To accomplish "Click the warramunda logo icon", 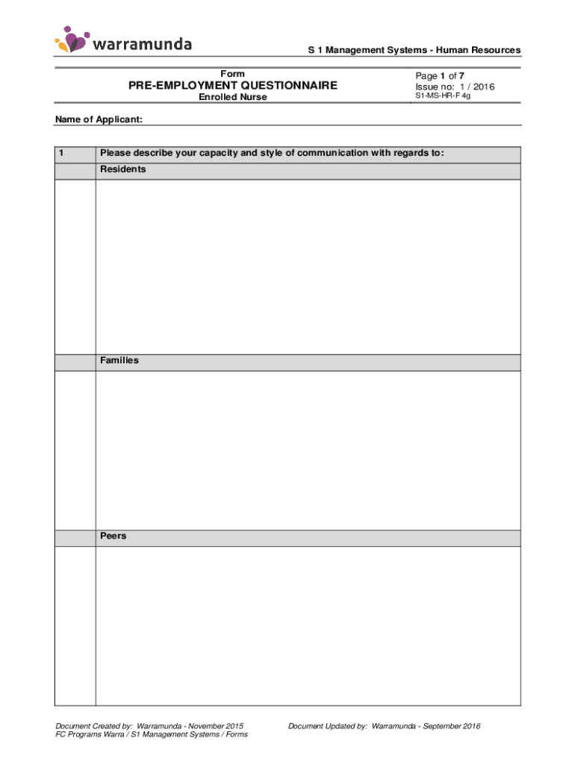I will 72,40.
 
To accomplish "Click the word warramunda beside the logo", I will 143,44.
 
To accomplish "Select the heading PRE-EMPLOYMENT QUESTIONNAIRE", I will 232,86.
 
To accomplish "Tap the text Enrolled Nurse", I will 232,98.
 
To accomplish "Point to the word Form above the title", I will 232,74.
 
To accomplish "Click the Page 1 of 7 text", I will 440,75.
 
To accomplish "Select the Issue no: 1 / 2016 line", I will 455,87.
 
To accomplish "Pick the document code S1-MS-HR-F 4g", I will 443,96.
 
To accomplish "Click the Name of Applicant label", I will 99,119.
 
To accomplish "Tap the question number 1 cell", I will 75,154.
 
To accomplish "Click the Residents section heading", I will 123,169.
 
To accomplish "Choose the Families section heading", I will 119,360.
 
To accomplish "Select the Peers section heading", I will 114,536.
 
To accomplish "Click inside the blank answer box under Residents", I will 308,266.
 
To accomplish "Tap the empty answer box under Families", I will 308,450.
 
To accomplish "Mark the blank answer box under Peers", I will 308,625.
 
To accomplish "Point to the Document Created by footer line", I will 149,726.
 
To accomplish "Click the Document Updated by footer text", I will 384,726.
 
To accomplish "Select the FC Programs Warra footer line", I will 152,735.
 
